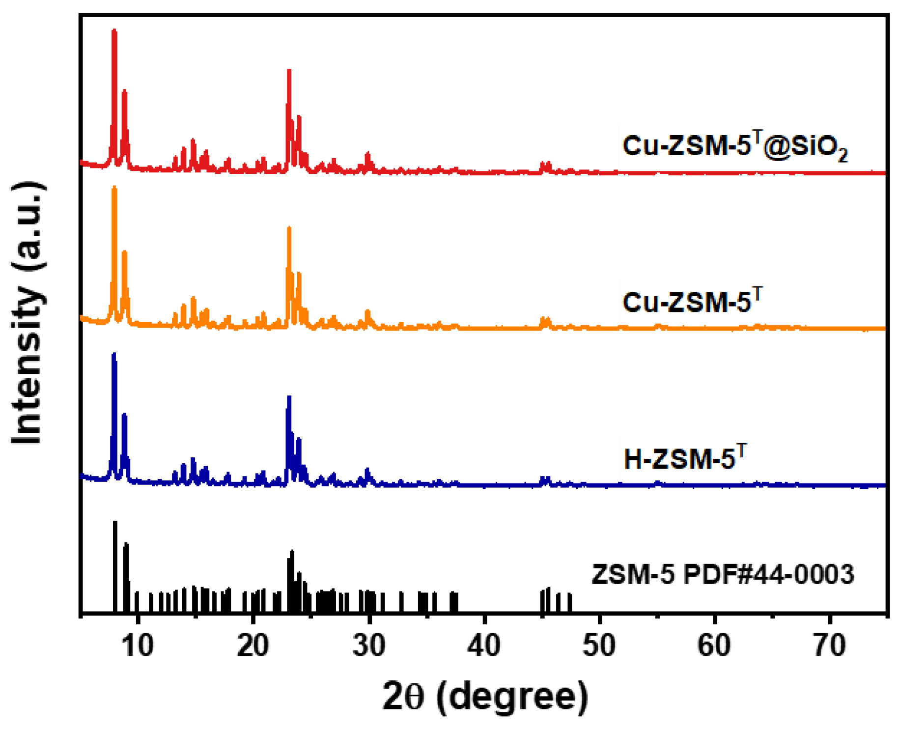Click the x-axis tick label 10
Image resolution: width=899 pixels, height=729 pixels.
138,645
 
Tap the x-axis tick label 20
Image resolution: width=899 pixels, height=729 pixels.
253,645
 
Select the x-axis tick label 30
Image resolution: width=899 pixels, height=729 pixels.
369,645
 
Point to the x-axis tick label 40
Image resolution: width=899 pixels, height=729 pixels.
484,645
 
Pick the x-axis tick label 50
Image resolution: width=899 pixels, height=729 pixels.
599,645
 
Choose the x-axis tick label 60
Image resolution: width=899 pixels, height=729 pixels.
714,645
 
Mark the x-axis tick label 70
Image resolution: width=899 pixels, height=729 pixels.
830,645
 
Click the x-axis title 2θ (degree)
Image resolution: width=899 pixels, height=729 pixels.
485,697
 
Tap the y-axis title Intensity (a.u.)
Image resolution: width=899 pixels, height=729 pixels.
28,313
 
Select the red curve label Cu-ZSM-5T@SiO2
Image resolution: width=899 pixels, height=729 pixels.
735,146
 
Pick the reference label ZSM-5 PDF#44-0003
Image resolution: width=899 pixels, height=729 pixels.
723,574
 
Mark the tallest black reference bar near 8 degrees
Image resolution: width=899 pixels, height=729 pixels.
115,523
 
